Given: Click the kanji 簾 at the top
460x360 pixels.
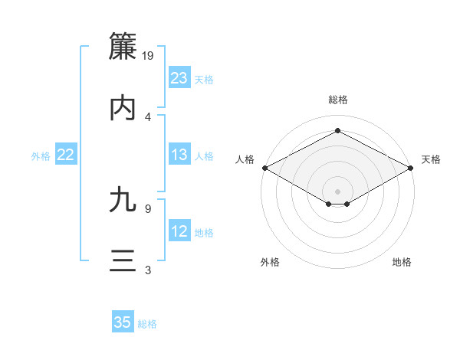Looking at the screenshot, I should click(123, 47).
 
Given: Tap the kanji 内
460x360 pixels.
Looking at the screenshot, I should click(123, 108).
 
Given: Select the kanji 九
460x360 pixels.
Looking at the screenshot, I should click(123, 200).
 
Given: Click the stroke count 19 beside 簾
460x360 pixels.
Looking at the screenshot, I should click(149, 55).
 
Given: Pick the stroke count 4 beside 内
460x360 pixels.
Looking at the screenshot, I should click(148, 116).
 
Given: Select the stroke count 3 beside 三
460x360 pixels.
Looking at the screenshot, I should click(148, 270).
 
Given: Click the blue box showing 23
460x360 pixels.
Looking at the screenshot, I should click(179, 78).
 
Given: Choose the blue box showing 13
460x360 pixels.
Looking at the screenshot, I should click(179, 155).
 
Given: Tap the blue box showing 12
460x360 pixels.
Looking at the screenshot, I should click(179, 231).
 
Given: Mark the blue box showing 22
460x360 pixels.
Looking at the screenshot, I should click(66, 155).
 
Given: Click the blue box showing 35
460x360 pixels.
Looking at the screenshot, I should click(123, 322).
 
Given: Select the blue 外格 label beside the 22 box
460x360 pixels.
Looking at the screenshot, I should click(41, 155).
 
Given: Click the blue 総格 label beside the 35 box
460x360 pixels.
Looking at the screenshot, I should click(147, 324).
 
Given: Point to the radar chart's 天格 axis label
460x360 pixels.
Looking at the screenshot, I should click(431, 159).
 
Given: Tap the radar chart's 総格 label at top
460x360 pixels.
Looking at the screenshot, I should click(337, 100).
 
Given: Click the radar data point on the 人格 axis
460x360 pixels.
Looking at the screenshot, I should click(264, 168).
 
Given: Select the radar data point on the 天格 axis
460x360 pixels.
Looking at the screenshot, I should click(411, 168).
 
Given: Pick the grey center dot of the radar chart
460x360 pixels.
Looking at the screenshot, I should click(337, 190).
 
